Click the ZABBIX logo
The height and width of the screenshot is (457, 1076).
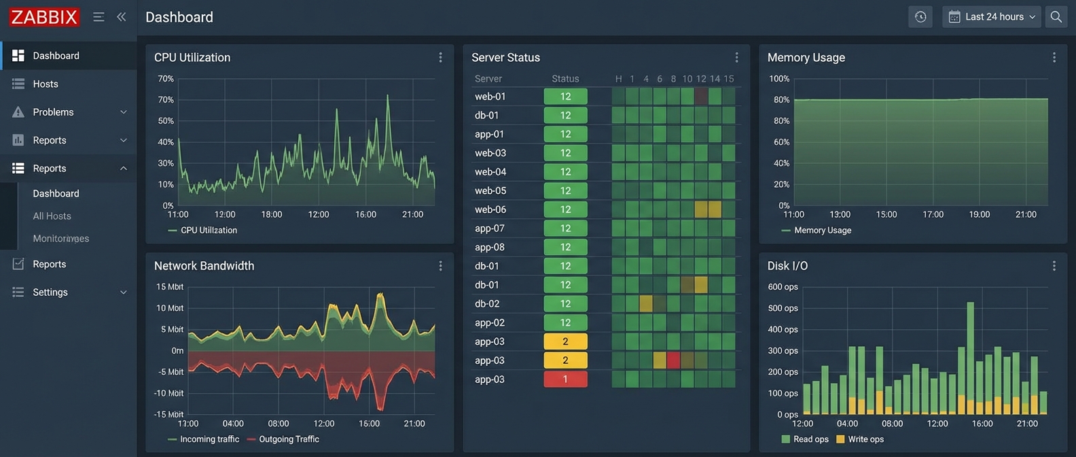coord(45,17)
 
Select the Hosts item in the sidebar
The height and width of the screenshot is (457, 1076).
coord(46,84)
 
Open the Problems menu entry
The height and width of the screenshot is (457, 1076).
coord(53,112)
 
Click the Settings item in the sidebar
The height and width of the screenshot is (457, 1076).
coord(50,292)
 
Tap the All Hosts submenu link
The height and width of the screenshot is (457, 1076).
coord(52,216)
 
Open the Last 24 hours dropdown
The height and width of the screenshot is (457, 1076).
coord(992,17)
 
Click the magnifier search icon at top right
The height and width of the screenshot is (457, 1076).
coord(1056,17)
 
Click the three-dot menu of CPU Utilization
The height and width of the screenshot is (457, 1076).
coord(440,58)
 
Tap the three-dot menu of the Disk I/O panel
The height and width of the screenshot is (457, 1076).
coord(1054,266)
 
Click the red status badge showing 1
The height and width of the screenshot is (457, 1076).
coord(565,379)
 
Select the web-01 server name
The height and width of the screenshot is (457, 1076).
coord(490,97)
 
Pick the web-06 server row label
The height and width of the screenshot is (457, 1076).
coord(490,209)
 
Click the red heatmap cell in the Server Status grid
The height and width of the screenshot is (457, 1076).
coord(673,360)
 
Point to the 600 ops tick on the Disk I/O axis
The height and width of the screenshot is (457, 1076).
coord(783,287)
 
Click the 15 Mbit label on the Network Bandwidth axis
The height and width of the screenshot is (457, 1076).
coord(170,287)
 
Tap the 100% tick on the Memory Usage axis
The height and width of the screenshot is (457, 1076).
coord(779,79)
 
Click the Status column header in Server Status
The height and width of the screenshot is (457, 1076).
coord(565,79)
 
